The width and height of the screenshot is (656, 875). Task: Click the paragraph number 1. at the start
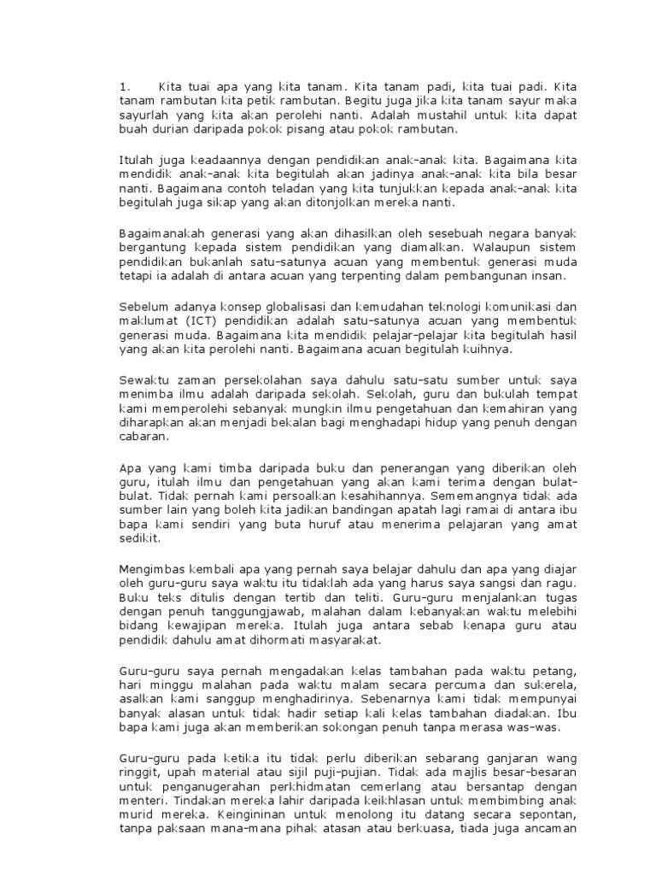[x=125, y=86]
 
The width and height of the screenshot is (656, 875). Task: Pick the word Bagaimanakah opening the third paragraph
[x=161, y=232]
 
